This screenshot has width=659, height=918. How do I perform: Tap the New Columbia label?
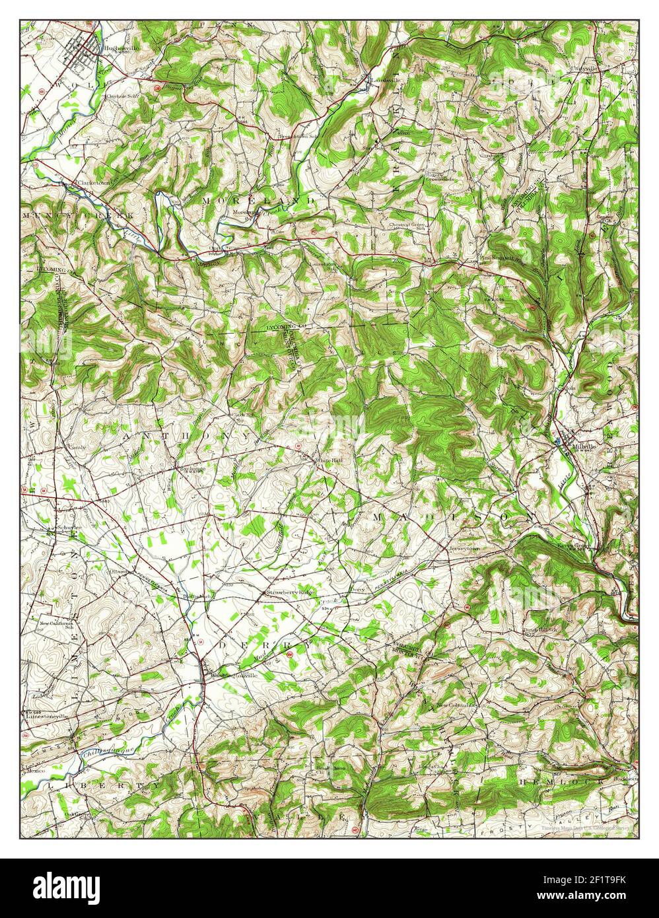click(x=456, y=705)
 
